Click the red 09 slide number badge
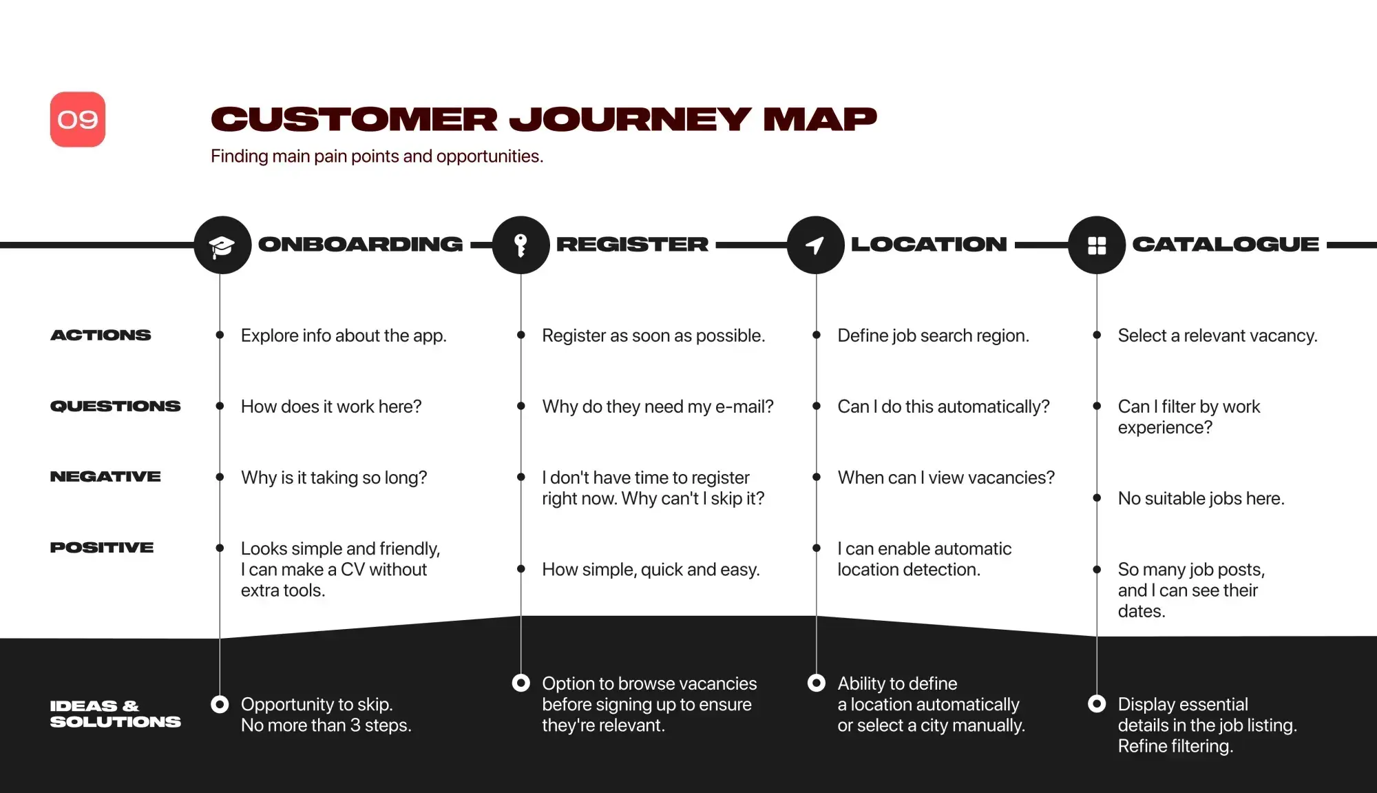point(78,119)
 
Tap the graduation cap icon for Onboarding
point(222,245)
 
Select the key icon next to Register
point(521,245)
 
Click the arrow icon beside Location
point(816,245)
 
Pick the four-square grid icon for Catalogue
point(1097,245)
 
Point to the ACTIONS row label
point(101,336)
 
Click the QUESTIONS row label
point(116,406)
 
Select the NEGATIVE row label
point(105,477)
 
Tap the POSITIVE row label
point(102,548)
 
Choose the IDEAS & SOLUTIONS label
point(116,714)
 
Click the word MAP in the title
point(820,119)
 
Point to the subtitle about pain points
point(377,156)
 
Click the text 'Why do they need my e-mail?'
point(658,406)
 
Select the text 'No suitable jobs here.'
point(1201,498)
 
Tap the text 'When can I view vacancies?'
point(946,477)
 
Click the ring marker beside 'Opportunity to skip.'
point(220,704)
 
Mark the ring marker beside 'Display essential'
point(1097,704)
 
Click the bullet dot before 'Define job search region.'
point(817,335)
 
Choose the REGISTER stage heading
point(632,245)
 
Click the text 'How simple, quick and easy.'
point(651,570)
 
